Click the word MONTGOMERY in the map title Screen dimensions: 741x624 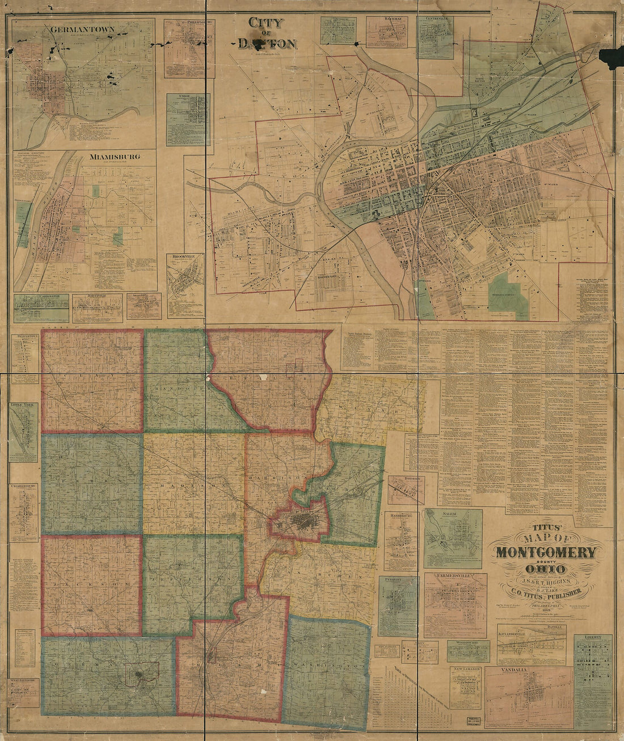point(547,553)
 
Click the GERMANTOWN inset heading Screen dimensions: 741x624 point(82,29)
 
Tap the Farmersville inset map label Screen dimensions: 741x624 point(456,576)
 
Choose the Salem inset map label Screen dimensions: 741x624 point(453,513)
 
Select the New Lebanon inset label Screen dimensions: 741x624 point(466,670)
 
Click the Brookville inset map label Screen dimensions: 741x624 point(184,256)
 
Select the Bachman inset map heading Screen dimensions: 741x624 point(387,19)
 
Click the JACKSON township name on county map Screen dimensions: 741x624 point(91,583)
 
